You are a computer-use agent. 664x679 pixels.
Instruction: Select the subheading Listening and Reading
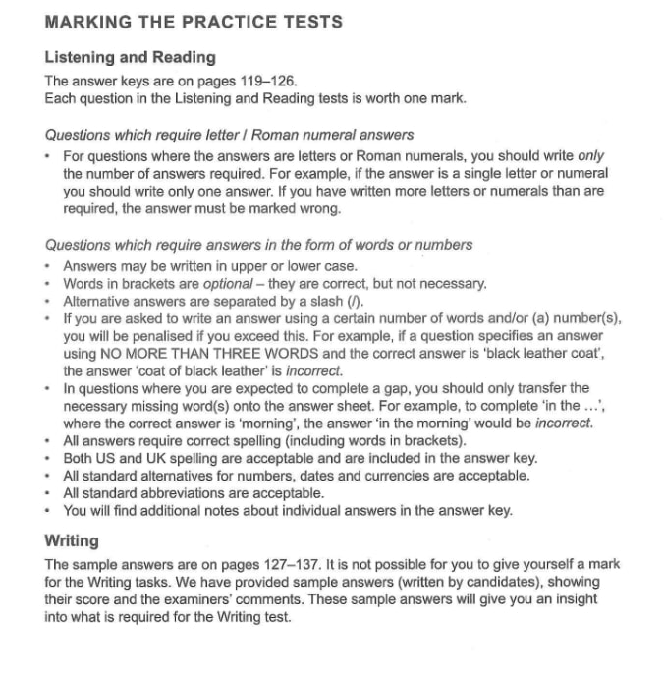130,57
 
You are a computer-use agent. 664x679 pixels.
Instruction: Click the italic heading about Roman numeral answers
229,135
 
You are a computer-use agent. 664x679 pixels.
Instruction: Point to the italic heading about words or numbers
258,245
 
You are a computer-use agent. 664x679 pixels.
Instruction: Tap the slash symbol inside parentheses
340,301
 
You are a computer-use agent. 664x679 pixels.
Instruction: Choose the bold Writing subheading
72,540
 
